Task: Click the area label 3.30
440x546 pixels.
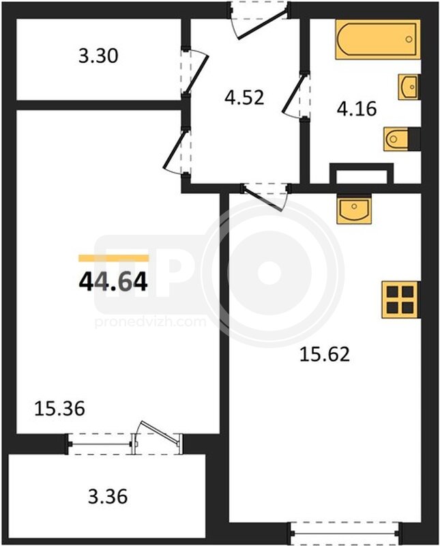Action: click(98, 56)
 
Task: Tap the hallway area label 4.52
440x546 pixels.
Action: click(244, 98)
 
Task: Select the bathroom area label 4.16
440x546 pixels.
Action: click(357, 109)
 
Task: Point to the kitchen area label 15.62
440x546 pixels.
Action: click(325, 355)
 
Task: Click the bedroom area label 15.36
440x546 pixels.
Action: click(59, 408)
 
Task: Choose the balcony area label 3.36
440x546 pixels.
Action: click(108, 497)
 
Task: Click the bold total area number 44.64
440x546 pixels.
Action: click(113, 282)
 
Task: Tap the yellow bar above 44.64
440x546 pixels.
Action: click(113, 258)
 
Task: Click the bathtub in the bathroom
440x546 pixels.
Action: click(378, 40)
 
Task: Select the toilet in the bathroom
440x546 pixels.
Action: click(401, 139)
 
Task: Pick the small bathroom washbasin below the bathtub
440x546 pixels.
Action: click(409, 87)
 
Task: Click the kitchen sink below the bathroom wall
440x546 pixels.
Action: click(354, 210)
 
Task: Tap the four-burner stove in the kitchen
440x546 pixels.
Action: click(400, 300)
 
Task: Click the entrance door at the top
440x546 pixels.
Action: click(259, 20)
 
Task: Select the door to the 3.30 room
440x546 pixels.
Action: click(194, 72)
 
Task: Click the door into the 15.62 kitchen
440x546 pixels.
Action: click(265, 197)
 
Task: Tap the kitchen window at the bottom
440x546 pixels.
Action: click(345, 533)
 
